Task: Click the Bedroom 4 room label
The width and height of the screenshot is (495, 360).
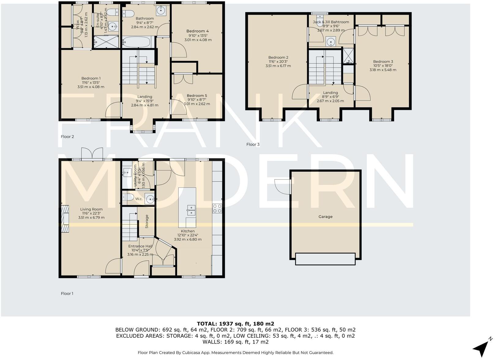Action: click(197, 31)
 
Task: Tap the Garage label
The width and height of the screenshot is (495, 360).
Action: click(325, 217)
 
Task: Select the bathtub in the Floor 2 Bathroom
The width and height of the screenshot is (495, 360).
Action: click(136, 42)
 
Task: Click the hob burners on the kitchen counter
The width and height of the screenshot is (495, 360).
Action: click(217, 208)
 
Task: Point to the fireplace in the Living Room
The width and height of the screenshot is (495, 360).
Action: click(65, 215)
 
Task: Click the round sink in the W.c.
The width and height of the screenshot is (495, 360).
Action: click(150, 199)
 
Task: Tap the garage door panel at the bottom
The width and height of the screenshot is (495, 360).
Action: click(325, 259)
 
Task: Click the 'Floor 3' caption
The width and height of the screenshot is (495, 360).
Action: click(253, 144)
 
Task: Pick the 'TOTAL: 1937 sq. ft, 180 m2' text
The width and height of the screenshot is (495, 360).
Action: click(235, 324)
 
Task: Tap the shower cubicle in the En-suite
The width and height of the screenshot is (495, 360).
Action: click(106, 42)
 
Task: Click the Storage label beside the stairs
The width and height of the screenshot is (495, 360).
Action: click(147, 221)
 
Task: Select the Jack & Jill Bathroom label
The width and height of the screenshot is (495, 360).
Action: click(331, 22)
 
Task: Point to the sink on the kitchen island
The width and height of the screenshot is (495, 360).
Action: click(191, 210)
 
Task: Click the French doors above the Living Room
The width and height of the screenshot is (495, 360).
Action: click(92, 154)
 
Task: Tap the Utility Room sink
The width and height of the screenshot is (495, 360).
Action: click(127, 173)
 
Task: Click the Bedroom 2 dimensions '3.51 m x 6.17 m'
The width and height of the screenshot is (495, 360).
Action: click(278, 66)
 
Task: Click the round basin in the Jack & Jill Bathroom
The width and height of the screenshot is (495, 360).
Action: click(331, 41)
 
